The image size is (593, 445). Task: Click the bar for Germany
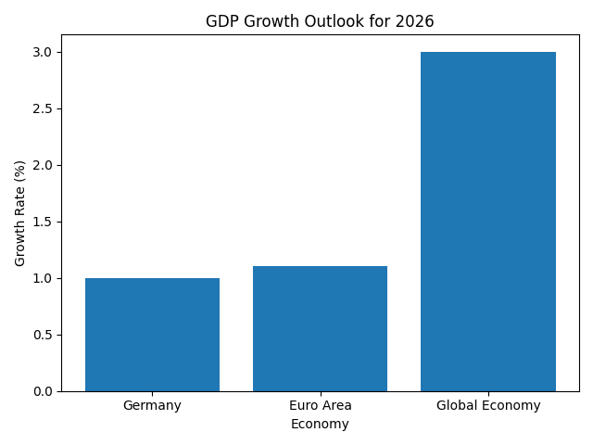click(x=152, y=335)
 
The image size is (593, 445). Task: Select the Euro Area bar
click(x=320, y=329)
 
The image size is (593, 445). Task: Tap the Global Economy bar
click(x=488, y=222)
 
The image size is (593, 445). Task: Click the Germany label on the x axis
click(x=152, y=405)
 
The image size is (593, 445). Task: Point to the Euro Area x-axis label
click(x=320, y=405)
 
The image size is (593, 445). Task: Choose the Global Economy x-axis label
click(x=488, y=405)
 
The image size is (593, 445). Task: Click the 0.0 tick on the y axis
click(x=43, y=391)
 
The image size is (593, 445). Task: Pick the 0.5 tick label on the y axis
click(x=43, y=335)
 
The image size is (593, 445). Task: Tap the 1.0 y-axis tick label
click(x=43, y=278)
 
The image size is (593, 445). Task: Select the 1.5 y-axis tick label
click(x=43, y=222)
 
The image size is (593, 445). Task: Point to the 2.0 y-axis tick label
click(x=43, y=165)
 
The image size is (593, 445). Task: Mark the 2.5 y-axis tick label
click(x=43, y=108)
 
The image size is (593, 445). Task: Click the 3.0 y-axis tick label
click(x=43, y=52)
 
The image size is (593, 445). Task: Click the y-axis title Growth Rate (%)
click(x=20, y=213)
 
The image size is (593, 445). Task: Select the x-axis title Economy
click(x=320, y=425)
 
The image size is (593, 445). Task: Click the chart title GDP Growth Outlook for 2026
click(x=320, y=21)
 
